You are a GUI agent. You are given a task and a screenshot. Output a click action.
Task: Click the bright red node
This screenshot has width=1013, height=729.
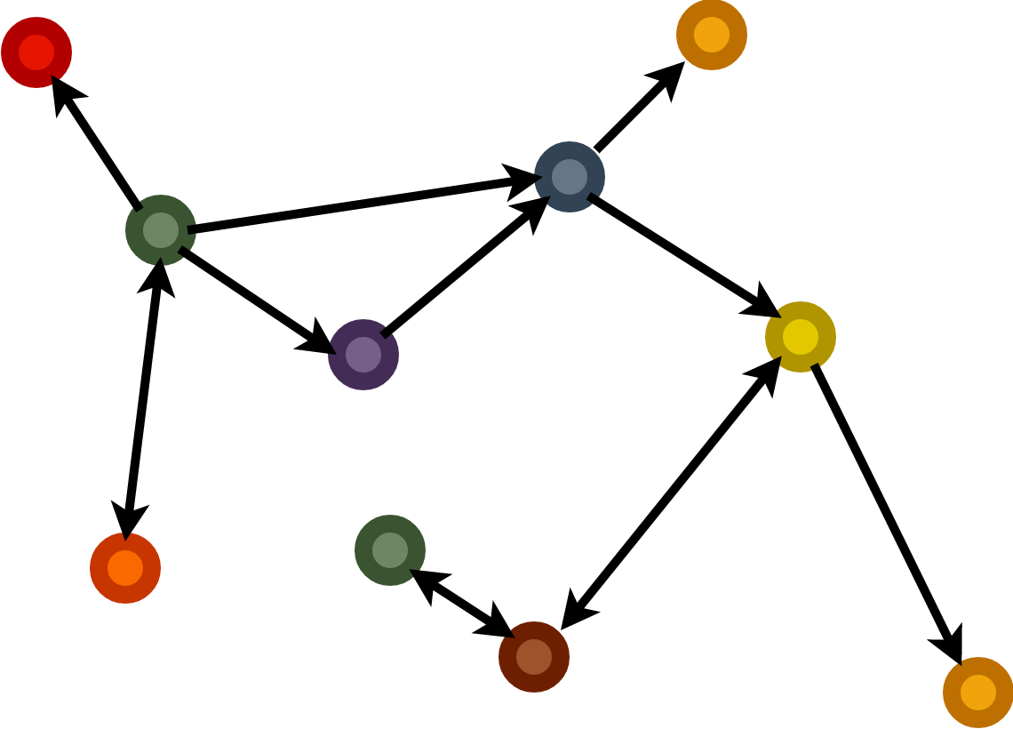coord(36,52)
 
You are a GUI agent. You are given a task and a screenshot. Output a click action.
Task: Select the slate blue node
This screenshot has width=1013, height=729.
coord(570,177)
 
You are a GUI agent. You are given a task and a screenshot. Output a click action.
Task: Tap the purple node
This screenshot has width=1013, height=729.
coord(363,355)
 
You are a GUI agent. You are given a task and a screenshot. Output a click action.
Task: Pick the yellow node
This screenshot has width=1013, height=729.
coord(801,337)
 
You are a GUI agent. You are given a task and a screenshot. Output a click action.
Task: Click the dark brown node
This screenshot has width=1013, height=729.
coord(534,657)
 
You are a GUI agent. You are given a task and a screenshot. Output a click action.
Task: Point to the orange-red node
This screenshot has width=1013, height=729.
coord(125,568)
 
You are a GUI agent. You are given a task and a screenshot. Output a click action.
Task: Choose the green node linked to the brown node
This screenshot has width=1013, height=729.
coord(390,550)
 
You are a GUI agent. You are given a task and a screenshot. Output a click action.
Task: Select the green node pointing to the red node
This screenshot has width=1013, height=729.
coord(161,230)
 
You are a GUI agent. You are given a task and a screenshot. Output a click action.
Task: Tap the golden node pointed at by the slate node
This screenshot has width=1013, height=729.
coord(712,35)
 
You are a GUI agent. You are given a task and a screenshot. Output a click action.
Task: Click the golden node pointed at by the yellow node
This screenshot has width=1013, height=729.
coord(978,693)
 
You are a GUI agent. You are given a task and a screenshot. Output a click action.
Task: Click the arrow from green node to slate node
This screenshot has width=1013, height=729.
coord(355,205)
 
